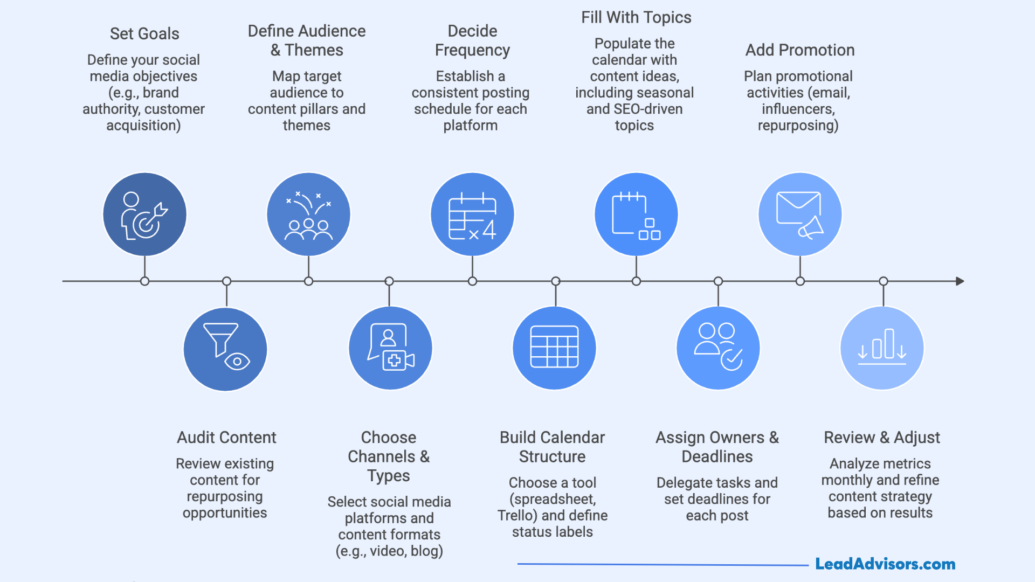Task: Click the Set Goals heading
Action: [144, 34]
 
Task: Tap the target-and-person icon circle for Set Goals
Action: [144, 214]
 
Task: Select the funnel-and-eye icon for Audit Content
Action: [225, 349]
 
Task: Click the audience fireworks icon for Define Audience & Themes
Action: [308, 214]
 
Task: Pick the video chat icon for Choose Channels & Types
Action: [390, 348]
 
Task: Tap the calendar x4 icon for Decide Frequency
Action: [472, 214]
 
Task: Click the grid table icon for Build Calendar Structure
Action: [554, 348]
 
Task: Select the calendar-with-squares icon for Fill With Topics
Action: [636, 214]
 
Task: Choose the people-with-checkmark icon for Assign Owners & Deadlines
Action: [718, 348]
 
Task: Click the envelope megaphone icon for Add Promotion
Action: [800, 214]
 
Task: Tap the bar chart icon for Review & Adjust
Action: [882, 348]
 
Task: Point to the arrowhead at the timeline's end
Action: [960, 281]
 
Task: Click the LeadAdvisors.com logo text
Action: [885, 564]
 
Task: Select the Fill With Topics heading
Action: [636, 18]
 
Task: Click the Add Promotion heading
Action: [800, 50]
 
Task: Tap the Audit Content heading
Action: [226, 438]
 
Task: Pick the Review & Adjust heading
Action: [882, 438]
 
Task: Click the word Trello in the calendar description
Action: [517, 516]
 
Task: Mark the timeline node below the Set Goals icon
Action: [144, 281]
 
